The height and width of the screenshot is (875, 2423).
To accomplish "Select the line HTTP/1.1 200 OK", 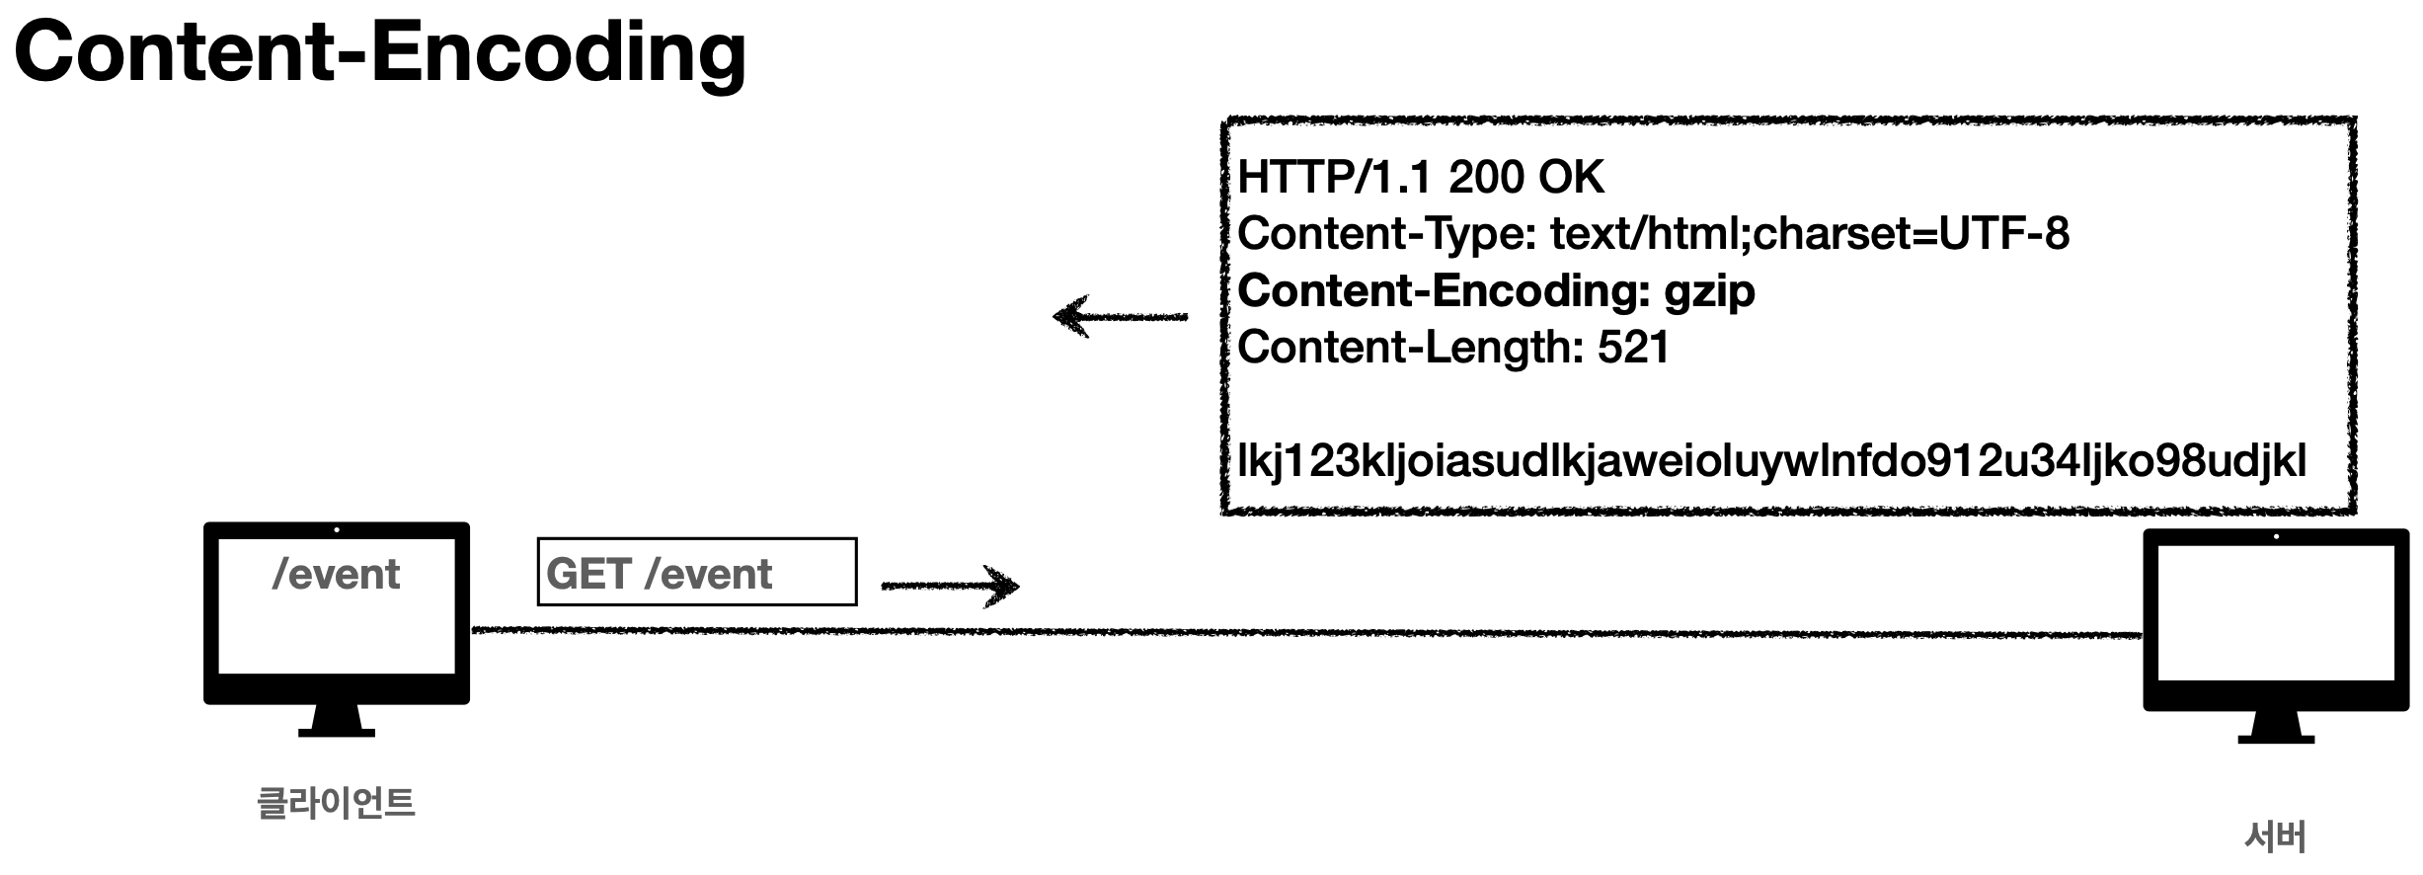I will [1420, 178].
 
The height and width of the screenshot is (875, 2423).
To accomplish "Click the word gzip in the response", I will [1709, 291].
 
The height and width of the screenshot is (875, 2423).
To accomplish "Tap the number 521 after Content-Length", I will [1633, 348].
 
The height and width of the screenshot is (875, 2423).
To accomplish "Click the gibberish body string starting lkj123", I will [1771, 461].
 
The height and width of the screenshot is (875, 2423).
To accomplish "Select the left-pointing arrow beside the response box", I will [1120, 317].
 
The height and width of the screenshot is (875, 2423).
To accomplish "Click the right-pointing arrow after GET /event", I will [950, 586].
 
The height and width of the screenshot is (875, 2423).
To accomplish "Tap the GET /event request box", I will [696, 572].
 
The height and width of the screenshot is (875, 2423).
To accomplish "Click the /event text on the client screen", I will [336, 575].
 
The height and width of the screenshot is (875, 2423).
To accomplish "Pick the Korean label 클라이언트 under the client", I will [336, 802].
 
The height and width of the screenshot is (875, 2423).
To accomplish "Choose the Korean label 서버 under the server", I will [2275, 836].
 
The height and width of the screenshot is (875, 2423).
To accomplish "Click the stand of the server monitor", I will [2276, 728].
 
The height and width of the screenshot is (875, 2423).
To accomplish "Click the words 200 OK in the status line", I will [1525, 178].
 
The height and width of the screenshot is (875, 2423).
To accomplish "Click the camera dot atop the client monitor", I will [337, 530].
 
